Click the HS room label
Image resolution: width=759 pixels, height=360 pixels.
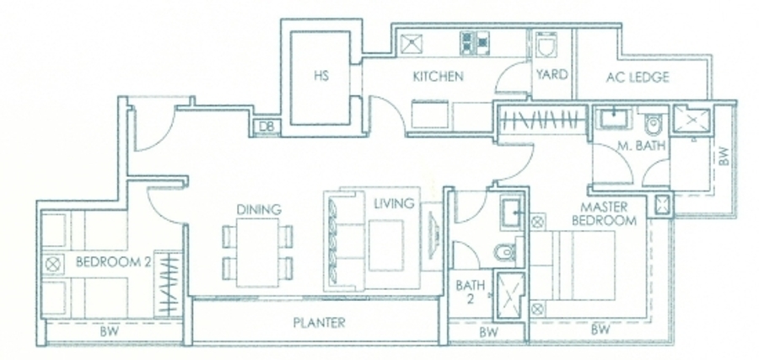321,76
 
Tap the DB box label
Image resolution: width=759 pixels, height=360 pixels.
266,126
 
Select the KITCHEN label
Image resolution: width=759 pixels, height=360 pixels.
438,76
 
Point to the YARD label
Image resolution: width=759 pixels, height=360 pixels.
552,74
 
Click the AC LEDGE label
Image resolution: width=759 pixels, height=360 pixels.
638,77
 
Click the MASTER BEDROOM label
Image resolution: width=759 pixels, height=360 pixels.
604,214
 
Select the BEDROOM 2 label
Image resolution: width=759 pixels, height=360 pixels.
114,262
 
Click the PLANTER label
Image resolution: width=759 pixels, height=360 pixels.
319,322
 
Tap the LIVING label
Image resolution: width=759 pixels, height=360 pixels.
394,203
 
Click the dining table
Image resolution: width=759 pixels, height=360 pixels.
257,252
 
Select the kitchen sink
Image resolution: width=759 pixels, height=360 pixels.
412,43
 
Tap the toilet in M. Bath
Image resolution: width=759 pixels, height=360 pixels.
652,124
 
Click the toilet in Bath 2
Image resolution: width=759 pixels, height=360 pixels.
506,251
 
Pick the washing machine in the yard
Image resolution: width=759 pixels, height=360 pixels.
546,45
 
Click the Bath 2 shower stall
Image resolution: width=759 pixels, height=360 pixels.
509,295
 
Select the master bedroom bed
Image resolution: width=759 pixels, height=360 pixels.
573,266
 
